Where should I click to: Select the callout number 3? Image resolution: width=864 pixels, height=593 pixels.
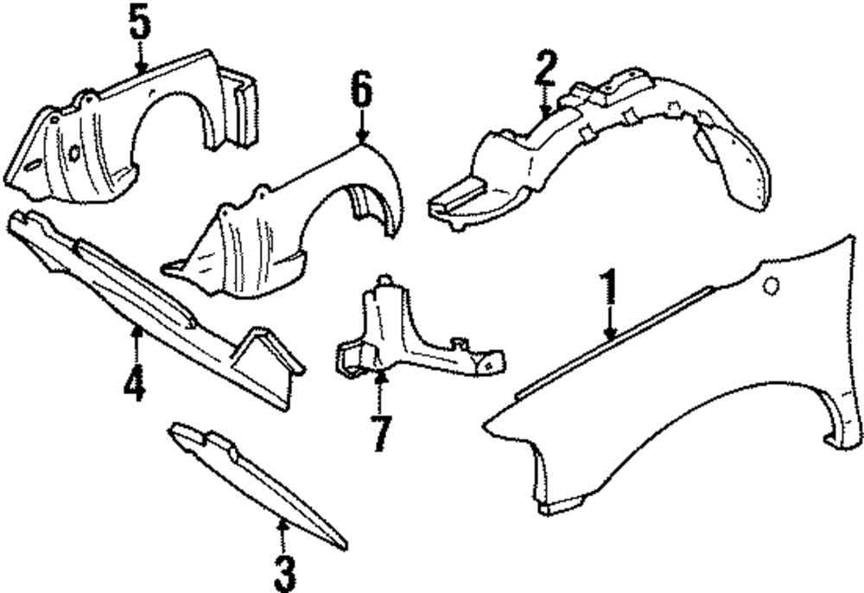pyautogui.click(x=283, y=571)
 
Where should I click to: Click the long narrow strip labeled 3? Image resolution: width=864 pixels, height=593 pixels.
pyautogui.click(x=259, y=484)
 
